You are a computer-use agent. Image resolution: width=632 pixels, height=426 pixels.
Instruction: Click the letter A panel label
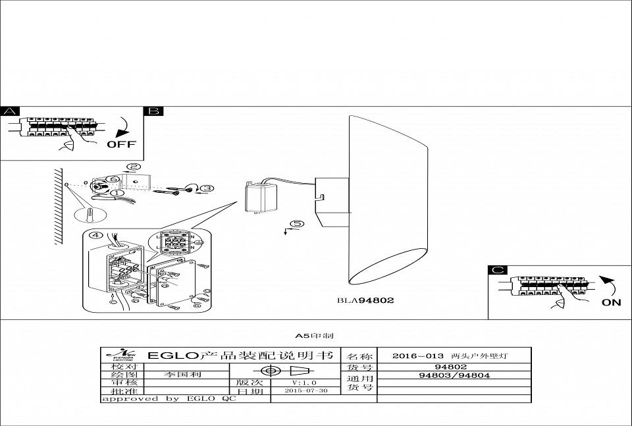tap(10, 111)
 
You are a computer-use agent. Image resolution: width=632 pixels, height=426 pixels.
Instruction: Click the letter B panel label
tap(153, 111)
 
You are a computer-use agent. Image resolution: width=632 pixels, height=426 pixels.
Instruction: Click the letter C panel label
tap(498, 270)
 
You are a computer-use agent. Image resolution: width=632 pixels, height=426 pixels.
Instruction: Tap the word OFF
tap(121, 144)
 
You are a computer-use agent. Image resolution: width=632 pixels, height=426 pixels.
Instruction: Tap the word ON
tap(611, 302)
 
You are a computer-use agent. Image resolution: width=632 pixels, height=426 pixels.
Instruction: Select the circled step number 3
tap(207, 188)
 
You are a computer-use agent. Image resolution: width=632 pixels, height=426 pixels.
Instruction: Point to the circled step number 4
tap(96, 234)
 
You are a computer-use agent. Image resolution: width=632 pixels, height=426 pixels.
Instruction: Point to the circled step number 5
tap(298, 224)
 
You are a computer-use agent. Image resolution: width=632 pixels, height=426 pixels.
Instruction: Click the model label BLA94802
tap(365, 301)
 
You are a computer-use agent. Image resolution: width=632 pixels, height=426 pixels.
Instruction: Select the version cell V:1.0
tap(304, 382)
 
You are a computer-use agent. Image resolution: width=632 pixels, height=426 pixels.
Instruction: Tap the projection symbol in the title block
tap(284, 370)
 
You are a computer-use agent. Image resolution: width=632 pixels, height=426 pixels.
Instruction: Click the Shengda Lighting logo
tap(122, 356)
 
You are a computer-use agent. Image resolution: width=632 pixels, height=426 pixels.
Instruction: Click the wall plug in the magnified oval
tap(90, 215)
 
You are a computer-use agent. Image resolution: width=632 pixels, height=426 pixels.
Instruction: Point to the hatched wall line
tap(59, 207)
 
